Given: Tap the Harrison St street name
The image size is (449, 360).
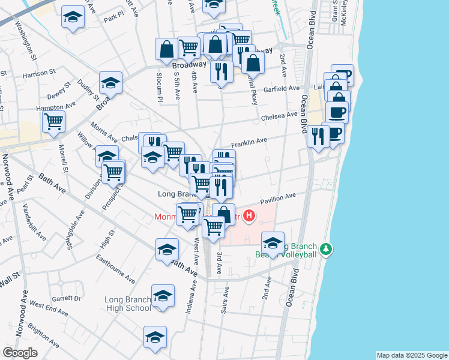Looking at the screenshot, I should point(39,74).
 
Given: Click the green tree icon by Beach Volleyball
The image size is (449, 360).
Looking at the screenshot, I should point(325,248).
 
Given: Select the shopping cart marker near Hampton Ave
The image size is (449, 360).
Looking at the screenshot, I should point(53,121).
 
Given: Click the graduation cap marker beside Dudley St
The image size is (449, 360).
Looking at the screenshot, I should point(110,82).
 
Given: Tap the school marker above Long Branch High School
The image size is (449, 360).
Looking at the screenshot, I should point(163,295).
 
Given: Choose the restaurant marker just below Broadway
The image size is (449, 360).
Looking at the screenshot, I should point(222,71).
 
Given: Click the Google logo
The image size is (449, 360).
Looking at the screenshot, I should point(20,353).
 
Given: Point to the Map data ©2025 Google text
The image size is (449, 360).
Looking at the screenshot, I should point(412,355).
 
